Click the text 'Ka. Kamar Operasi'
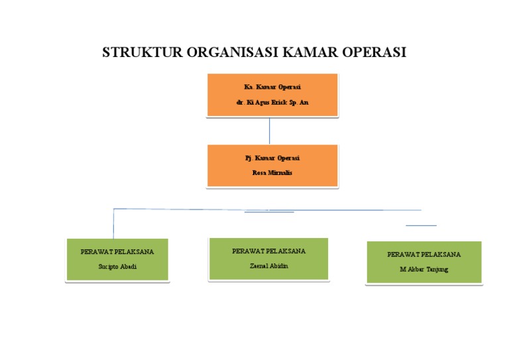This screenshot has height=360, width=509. (272, 88)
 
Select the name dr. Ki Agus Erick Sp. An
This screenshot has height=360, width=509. (272, 103)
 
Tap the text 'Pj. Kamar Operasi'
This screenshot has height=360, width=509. (272, 158)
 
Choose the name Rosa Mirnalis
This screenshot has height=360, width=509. (272, 173)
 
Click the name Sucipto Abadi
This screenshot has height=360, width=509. (117, 267)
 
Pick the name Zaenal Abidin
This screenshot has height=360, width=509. (268, 266)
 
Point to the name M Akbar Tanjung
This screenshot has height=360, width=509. (424, 269)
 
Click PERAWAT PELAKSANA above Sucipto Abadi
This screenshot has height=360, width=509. (117, 252)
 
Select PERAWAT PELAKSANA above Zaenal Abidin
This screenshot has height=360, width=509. (268, 251)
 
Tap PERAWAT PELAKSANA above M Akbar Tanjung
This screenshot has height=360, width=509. (424, 255)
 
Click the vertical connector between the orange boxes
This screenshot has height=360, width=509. (269, 131)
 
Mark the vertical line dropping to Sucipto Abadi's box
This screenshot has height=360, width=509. (114, 224)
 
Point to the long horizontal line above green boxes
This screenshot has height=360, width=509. (199, 210)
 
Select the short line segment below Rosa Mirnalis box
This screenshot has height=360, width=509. (269, 213)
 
